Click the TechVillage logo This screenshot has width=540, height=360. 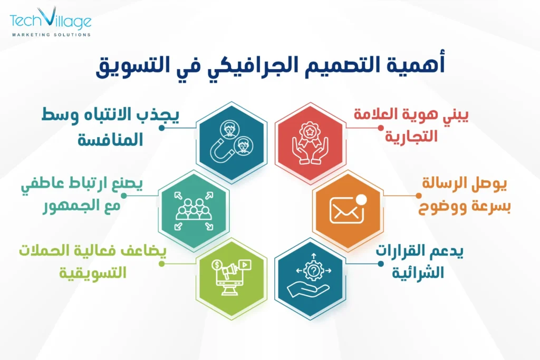51,21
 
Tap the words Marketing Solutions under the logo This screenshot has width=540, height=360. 51,35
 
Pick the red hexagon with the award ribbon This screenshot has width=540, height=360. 311,138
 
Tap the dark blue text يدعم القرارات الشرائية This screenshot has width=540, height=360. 419,262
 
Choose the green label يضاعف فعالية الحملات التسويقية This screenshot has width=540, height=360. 93,261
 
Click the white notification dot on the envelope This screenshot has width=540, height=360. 361,199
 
